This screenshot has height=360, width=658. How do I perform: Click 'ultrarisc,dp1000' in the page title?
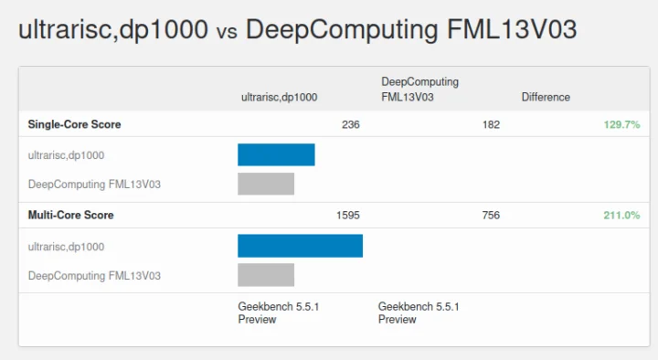pyautogui.click(x=113, y=29)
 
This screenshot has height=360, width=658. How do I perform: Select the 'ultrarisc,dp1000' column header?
pyautogui.click(x=279, y=97)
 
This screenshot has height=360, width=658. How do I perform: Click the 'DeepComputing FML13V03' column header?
pyautogui.click(x=419, y=89)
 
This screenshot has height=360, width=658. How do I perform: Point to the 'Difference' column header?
pyautogui.click(x=546, y=97)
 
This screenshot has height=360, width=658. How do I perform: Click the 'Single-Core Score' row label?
pyautogui.click(x=74, y=124)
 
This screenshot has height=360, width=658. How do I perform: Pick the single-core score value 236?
pyautogui.click(x=350, y=124)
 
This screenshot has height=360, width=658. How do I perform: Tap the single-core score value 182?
pyautogui.click(x=491, y=124)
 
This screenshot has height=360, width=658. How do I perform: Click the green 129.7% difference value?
pyautogui.click(x=621, y=124)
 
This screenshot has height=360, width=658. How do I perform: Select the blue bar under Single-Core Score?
pyautogui.click(x=276, y=154)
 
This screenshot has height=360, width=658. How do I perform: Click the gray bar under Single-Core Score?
pyautogui.click(x=266, y=184)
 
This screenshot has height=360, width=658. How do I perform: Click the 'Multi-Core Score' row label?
pyautogui.click(x=70, y=216)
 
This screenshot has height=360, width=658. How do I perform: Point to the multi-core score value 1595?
pyautogui.click(x=348, y=216)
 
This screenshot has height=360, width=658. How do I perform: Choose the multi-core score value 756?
pyautogui.click(x=491, y=216)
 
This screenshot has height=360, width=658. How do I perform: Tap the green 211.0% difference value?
pyautogui.click(x=621, y=216)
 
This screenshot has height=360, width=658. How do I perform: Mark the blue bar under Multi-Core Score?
pyautogui.click(x=300, y=246)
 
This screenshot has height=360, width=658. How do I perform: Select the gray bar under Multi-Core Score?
pyautogui.click(x=266, y=275)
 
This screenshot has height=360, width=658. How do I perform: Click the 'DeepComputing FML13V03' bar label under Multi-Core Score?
pyautogui.click(x=94, y=275)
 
